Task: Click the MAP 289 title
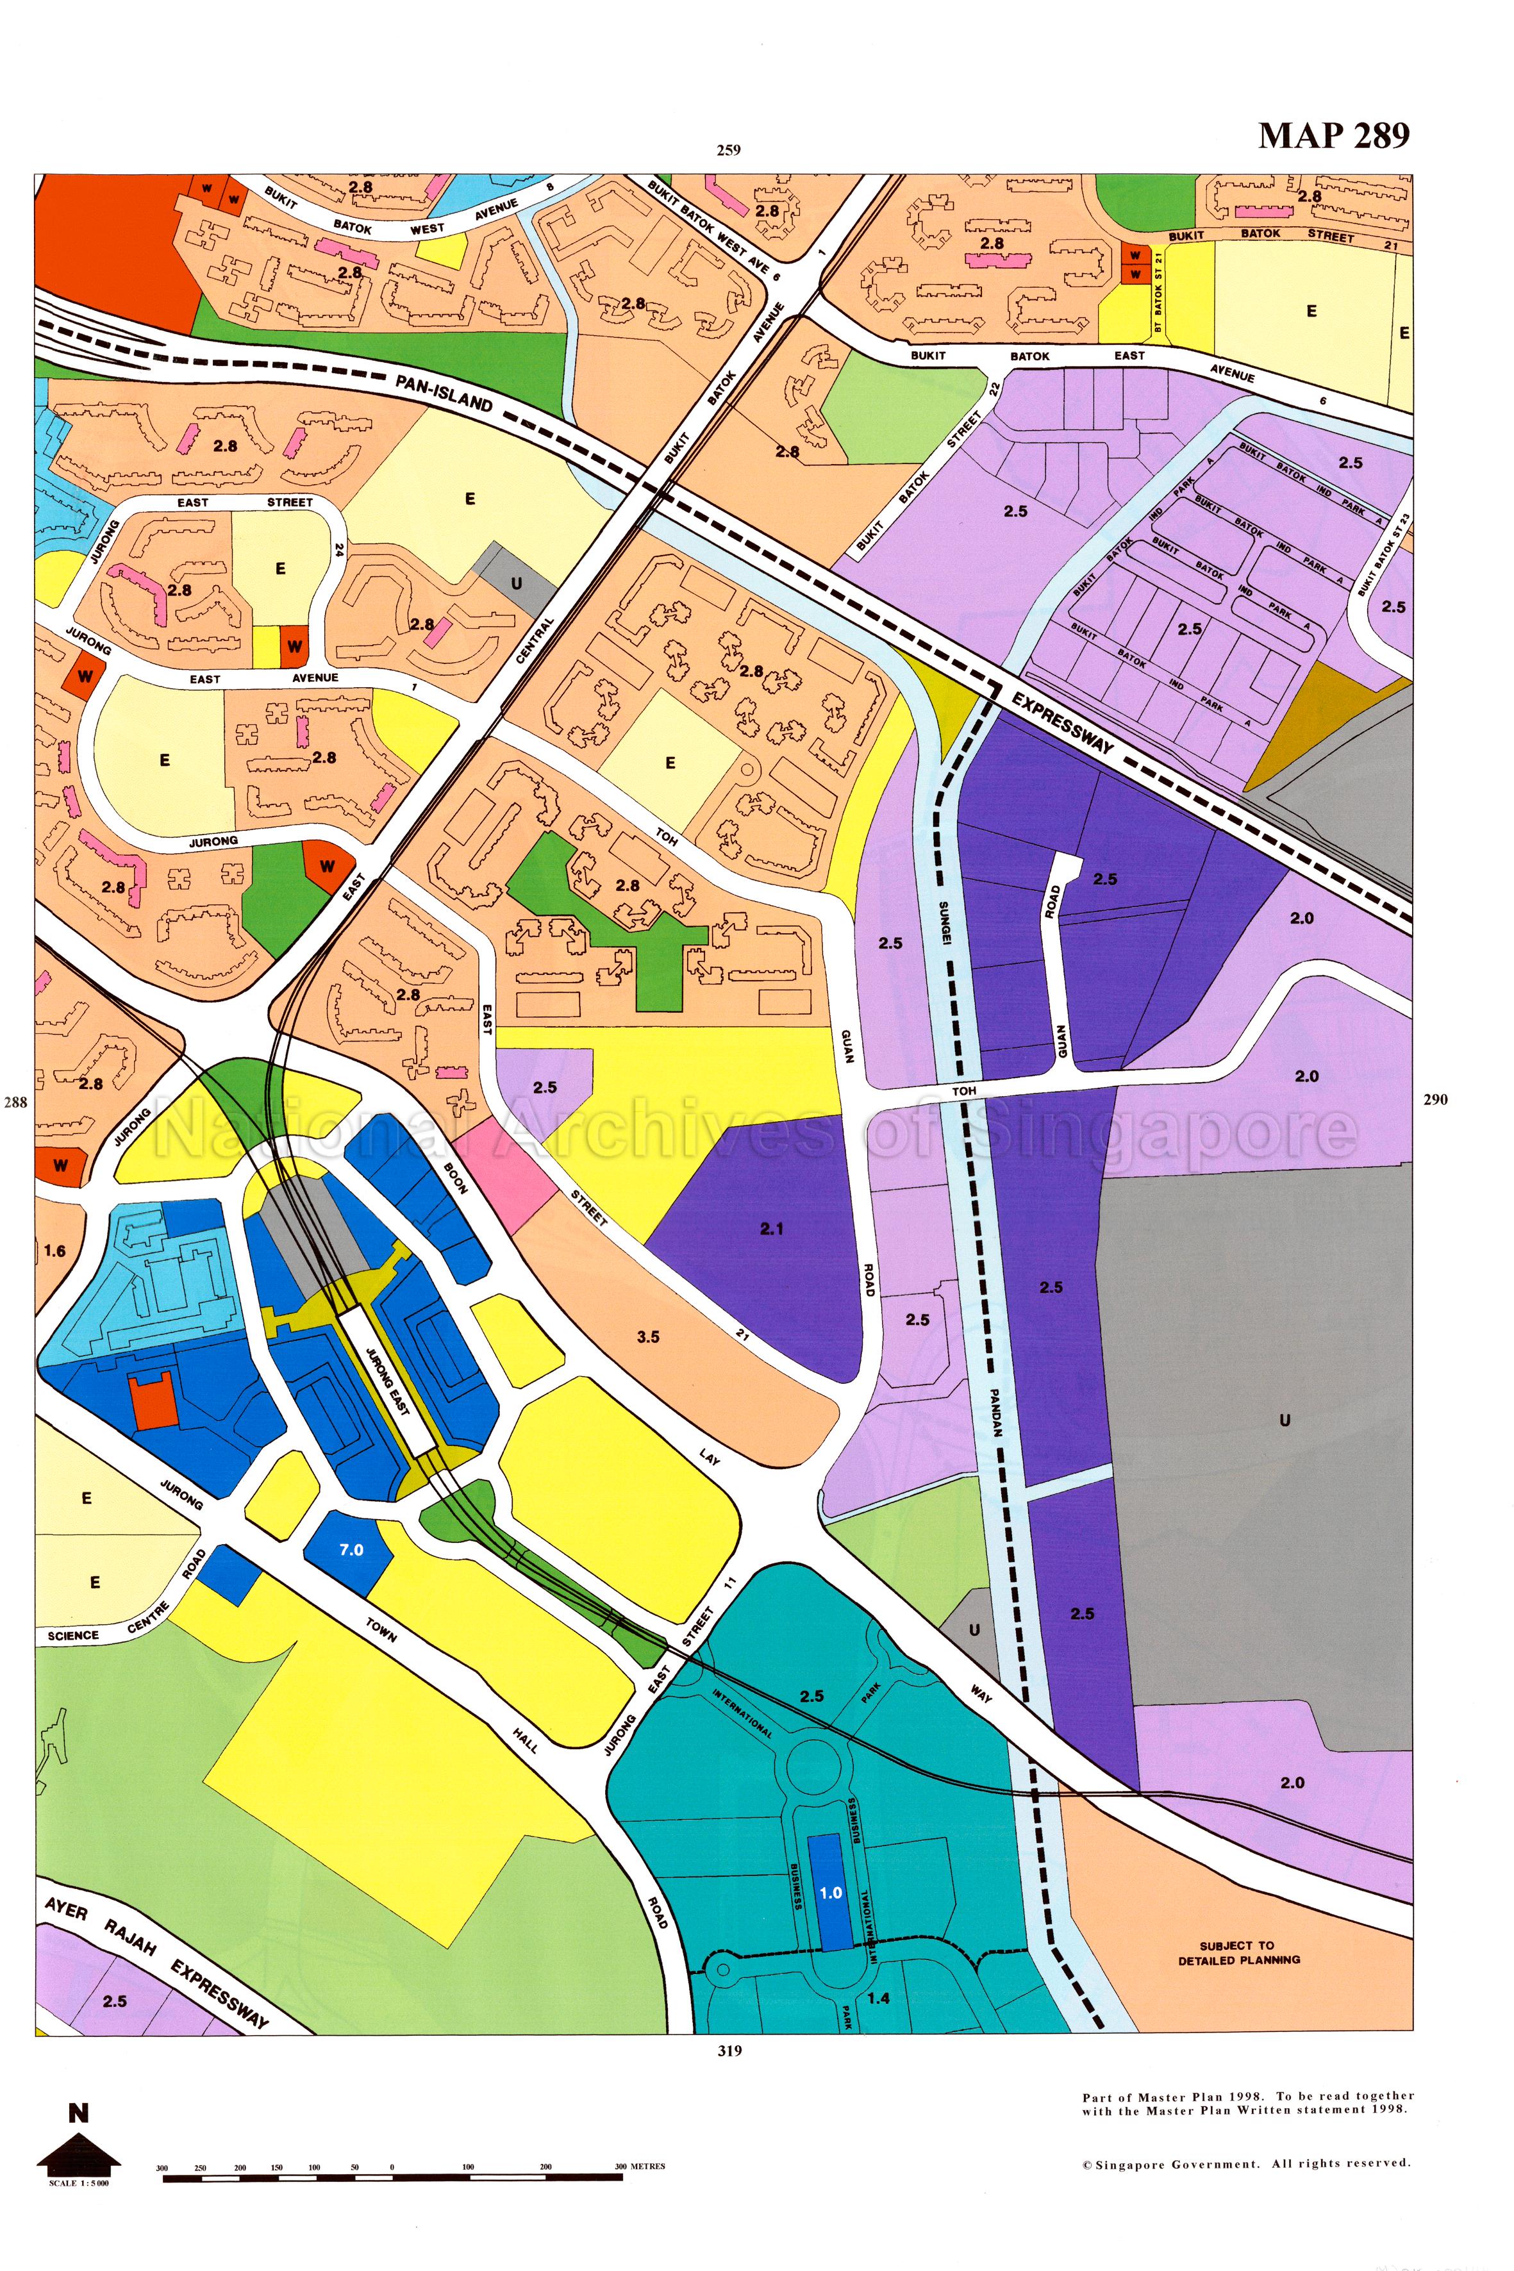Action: (x=1333, y=136)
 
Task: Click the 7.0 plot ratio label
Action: (x=351, y=1550)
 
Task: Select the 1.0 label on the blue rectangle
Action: (x=830, y=1892)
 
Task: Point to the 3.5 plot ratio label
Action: (x=648, y=1337)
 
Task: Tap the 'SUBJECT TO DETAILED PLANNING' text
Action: (x=1238, y=1952)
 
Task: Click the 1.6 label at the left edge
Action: (x=54, y=1251)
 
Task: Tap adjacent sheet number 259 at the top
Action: (x=728, y=149)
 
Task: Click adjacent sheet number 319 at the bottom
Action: (x=729, y=2051)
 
